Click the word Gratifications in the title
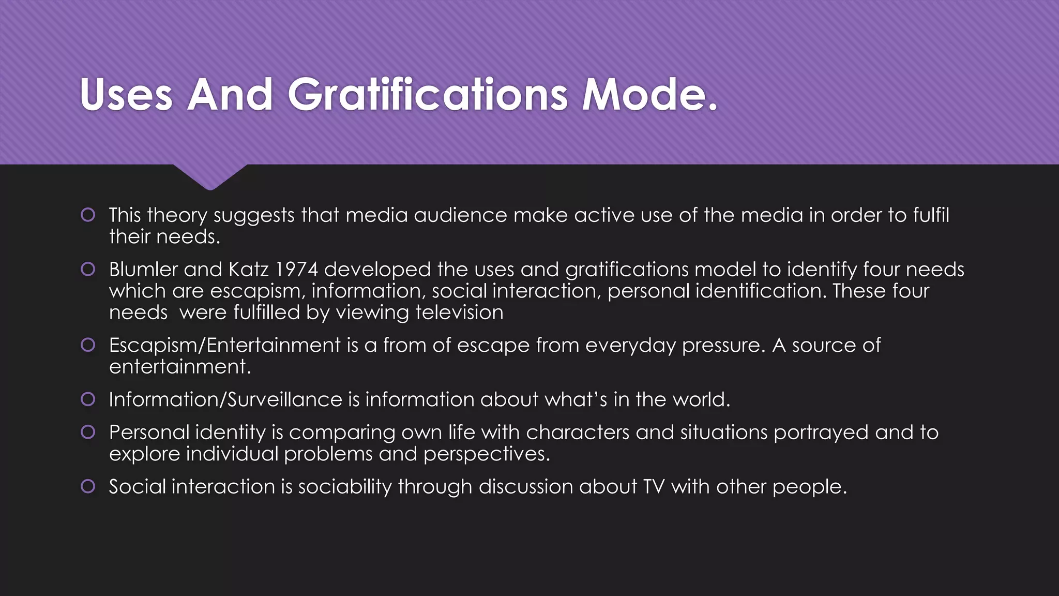pyautogui.click(x=427, y=94)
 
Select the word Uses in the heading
pyautogui.click(x=126, y=94)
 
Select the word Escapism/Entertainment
pyautogui.click(x=225, y=345)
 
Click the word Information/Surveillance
pyautogui.click(x=225, y=399)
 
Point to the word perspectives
pyautogui.click(x=486, y=454)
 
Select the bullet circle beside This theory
pyautogui.click(x=88, y=215)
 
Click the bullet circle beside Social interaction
pyautogui.click(x=88, y=486)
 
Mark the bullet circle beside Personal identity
pyautogui.click(x=88, y=432)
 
